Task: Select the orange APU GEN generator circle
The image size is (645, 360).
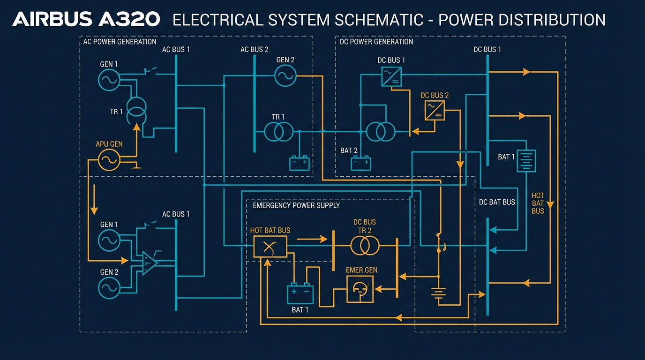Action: (x=109, y=160)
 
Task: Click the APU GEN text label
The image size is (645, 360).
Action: (x=109, y=144)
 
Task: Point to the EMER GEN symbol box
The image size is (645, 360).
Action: (x=360, y=289)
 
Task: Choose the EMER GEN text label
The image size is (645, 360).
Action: (x=361, y=270)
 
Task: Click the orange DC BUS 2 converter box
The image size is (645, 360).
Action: (x=435, y=111)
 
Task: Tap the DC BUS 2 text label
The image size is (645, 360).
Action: (x=435, y=95)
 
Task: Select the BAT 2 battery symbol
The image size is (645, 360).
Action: (x=361, y=163)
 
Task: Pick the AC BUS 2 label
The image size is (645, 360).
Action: (x=254, y=49)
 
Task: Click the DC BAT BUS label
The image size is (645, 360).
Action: (x=497, y=202)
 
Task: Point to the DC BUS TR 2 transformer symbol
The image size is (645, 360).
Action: (x=365, y=245)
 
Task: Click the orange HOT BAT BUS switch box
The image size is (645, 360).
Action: (x=270, y=247)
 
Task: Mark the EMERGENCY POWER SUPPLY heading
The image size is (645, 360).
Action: (x=296, y=205)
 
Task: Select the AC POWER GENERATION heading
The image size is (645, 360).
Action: (x=120, y=42)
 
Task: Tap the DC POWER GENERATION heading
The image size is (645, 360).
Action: (x=376, y=42)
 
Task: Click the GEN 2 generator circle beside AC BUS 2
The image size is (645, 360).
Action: (x=285, y=75)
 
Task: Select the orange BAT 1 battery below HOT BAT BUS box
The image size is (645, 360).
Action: (x=300, y=293)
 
